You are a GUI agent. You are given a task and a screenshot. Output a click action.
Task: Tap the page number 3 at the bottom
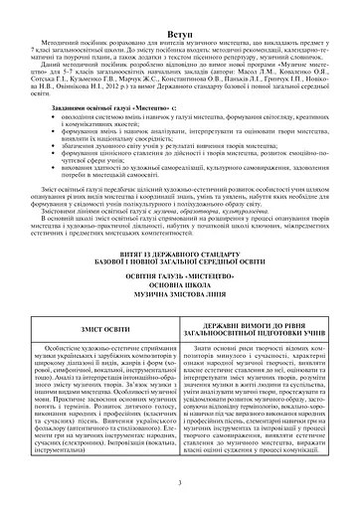180,480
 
